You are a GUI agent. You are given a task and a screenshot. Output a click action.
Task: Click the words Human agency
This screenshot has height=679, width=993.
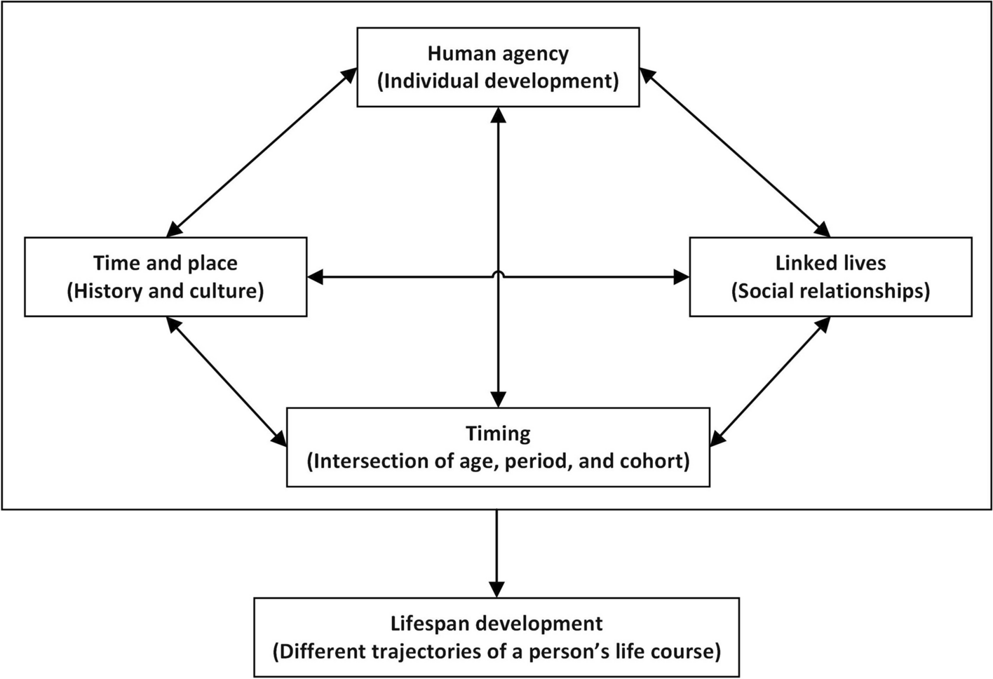(x=498, y=54)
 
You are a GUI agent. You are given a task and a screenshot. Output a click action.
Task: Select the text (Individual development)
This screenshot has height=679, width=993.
(x=498, y=81)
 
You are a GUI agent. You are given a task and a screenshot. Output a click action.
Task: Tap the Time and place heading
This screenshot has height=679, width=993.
(x=165, y=263)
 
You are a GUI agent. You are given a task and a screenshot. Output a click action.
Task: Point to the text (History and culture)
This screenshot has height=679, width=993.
(x=165, y=291)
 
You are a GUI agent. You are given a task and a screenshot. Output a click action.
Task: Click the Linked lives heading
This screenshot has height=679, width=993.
(x=830, y=263)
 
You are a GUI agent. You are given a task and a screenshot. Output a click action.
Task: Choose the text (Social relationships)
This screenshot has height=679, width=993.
(x=830, y=291)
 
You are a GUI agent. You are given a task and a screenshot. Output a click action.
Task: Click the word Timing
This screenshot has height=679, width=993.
(x=498, y=433)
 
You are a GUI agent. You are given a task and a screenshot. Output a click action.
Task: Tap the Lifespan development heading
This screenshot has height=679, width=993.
(x=496, y=624)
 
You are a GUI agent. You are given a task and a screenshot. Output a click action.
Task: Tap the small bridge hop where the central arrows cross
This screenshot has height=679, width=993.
(x=498, y=274)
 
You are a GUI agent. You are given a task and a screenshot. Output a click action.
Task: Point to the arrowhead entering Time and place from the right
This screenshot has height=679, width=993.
(x=316, y=277)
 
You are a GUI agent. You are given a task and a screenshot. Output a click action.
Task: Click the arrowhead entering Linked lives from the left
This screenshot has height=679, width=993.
(x=681, y=277)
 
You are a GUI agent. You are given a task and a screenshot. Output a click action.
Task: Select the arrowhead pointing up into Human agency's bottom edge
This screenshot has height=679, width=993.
(x=498, y=115)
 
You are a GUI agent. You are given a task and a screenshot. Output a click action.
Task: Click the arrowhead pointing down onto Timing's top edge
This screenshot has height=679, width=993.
(x=498, y=399)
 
